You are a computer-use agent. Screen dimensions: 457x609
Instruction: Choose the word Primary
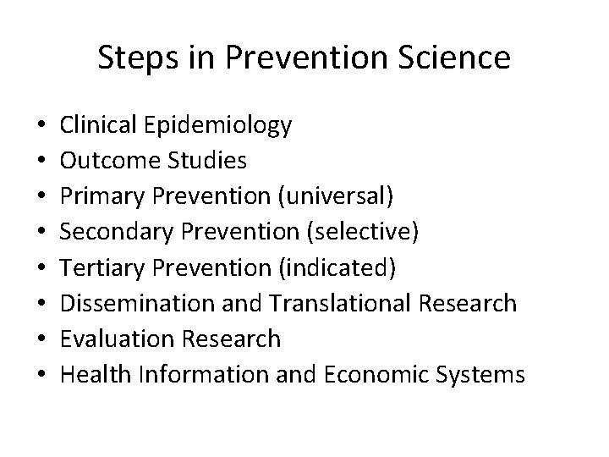[x=94, y=197]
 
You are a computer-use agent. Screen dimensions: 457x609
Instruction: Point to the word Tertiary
[x=95, y=268]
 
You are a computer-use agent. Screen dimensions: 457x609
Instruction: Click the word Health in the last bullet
[x=90, y=375]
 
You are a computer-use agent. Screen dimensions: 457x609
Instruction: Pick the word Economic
[x=376, y=375]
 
